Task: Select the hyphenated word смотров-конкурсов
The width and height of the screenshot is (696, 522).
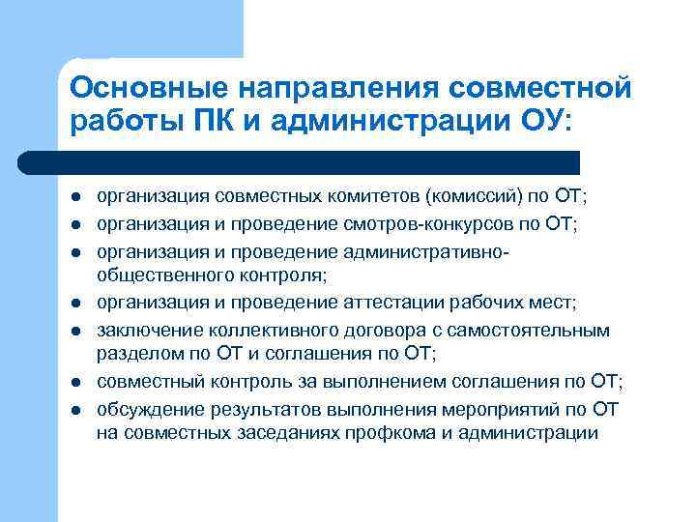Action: pyautogui.click(x=422, y=225)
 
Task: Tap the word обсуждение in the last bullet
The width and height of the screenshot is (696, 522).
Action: pyautogui.click(x=146, y=408)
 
